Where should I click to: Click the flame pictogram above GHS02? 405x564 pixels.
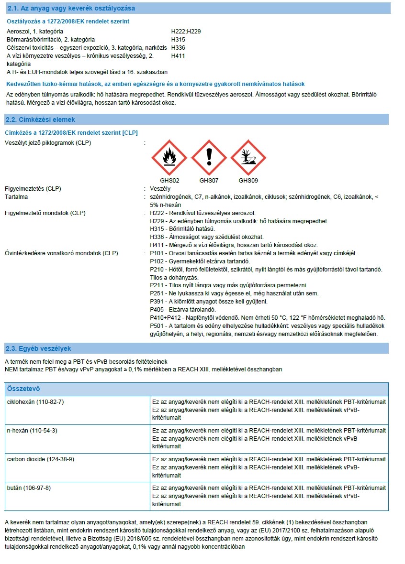169,157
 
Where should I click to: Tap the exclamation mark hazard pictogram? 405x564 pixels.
209,157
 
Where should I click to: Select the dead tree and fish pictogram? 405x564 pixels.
248,157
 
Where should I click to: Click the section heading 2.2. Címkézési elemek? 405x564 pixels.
40,119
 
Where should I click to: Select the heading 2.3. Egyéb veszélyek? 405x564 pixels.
38,348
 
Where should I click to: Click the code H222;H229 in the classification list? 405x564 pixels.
186,31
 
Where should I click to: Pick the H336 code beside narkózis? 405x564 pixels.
178,48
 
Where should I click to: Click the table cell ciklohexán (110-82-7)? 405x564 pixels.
35,401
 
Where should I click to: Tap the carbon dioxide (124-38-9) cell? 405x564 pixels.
40,459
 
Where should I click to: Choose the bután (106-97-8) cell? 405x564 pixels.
29,488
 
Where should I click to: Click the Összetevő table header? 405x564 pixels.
23,389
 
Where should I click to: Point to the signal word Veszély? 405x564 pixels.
160,189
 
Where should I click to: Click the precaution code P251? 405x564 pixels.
157,293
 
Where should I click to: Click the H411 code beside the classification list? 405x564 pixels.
178,56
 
